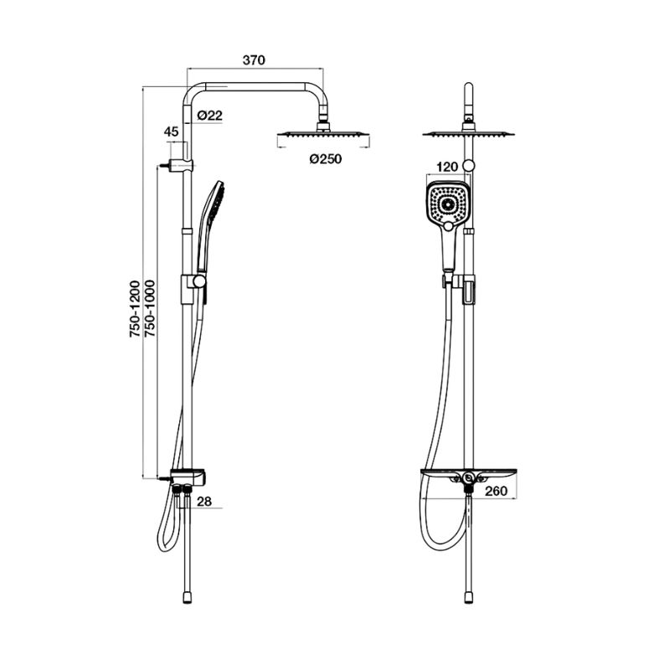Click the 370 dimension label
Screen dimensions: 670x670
click(x=254, y=60)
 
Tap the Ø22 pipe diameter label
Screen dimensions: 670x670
click(x=210, y=116)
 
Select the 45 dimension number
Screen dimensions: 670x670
click(x=172, y=131)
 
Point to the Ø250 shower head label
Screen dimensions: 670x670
click(x=326, y=159)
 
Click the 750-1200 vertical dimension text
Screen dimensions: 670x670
click(x=135, y=309)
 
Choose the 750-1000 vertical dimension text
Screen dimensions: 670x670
click(x=150, y=309)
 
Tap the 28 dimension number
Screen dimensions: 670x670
click(x=204, y=501)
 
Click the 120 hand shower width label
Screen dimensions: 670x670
click(x=447, y=167)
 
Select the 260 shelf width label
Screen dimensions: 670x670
click(x=496, y=492)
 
